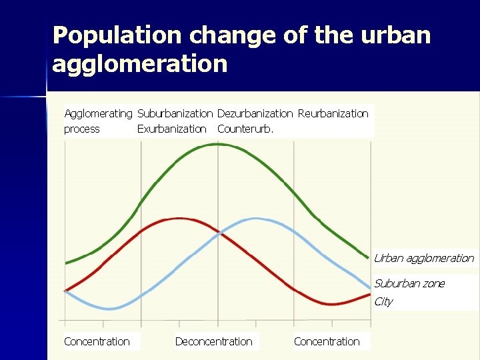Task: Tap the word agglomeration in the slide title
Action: tap(140, 65)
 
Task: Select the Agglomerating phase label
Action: tap(98, 113)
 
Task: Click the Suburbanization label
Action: tap(175, 113)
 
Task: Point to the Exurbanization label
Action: tap(171, 129)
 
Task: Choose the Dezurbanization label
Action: tap(255, 113)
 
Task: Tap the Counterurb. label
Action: tap(245, 129)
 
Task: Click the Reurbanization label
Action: tap(333, 113)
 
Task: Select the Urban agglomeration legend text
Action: tap(423, 258)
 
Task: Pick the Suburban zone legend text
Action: tap(409, 283)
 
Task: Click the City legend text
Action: tap(383, 301)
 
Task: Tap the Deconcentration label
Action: tap(213, 341)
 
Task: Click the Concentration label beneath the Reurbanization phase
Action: tap(327, 341)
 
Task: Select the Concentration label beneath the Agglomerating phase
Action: tap(97, 341)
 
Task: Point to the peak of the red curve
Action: tap(178, 218)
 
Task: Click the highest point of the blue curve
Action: tap(255, 218)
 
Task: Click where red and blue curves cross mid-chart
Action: tap(218, 233)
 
